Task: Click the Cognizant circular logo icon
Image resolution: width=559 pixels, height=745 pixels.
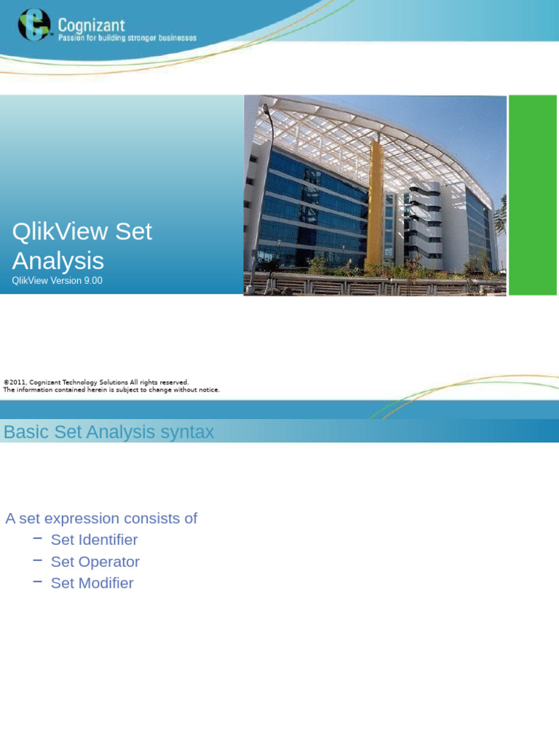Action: (x=34, y=25)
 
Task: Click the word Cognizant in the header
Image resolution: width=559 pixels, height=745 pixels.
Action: (x=92, y=25)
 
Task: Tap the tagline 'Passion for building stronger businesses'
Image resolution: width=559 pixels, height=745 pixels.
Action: (x=127, y=38)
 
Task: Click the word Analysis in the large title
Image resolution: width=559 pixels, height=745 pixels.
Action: (x=58, y=260)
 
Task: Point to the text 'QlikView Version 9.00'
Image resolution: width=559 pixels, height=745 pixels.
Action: (x=57, y=281)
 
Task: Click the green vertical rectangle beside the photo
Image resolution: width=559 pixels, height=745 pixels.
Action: (x=532, y=195)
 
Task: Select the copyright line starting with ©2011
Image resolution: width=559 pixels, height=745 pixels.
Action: (x=96, y=382)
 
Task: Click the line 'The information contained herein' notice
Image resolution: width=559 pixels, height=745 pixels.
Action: (x=111, y=390)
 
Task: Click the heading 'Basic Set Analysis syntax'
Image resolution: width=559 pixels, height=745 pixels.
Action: (x=108, y=432)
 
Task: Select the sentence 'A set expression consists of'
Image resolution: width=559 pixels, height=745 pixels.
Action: (x=101, y=519)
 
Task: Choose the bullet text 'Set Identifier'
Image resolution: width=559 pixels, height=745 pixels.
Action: (x=94, y=540)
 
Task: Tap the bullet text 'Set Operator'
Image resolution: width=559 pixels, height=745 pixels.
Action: (x=95, y=562)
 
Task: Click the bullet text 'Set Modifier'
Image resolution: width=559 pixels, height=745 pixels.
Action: (x=92, y=583)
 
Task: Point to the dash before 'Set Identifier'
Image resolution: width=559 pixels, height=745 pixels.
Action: (x=37, y=538)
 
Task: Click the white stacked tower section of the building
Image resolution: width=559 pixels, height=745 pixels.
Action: (x=424, y=218)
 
